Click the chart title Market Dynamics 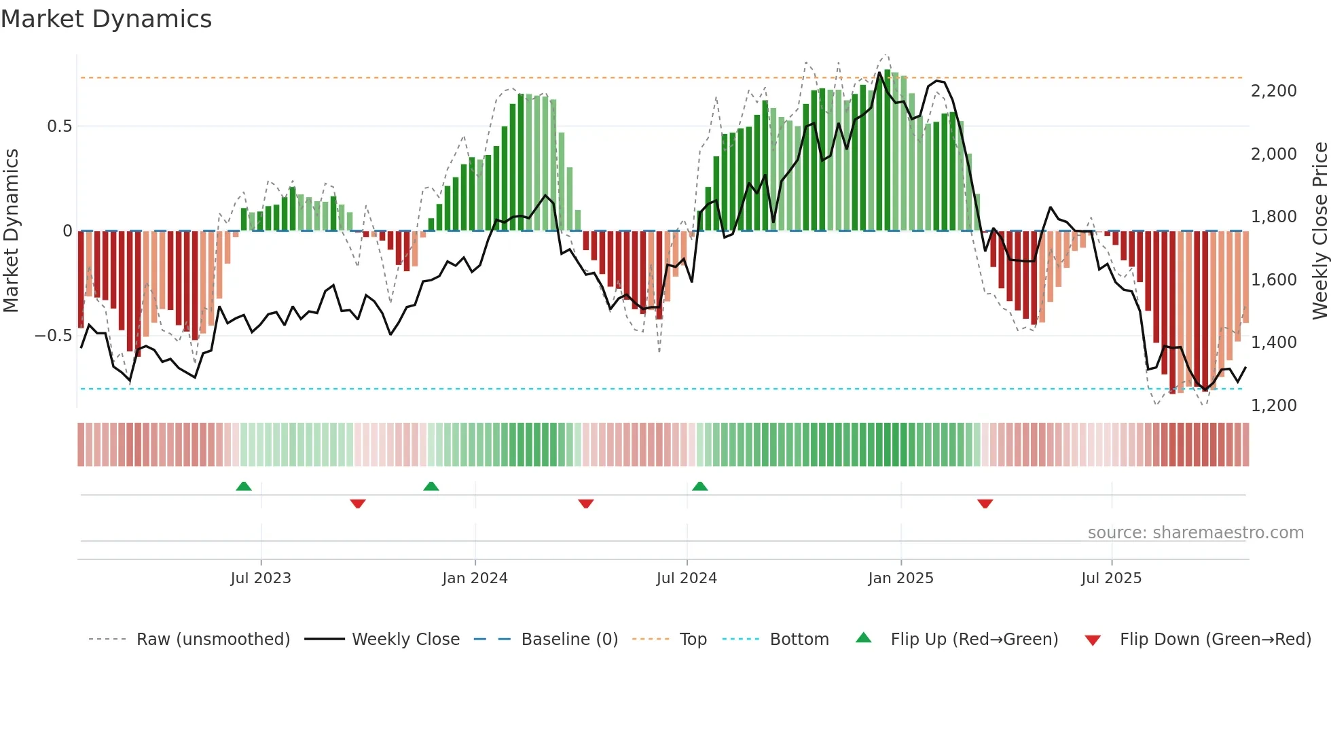[x=106, y=19]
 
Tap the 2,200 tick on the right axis [x=1273, y=91]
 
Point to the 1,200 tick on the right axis [x=1273, y=406]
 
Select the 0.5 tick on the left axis [x=59, y=126]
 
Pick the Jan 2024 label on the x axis [x=475, y=578]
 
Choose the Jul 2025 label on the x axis [x=1111, y=578]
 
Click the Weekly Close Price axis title [x=1319, y=231]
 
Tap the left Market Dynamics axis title [x=11, y=231]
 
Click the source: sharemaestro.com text [x=1195, y=533]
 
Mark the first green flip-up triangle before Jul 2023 [x=244, y=486]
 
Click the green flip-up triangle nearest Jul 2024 [x=700, y=486]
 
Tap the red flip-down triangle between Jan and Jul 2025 [x=985, y=504]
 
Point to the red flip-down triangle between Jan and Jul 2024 [x=586, y=504]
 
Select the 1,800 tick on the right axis [x=1273, y=217]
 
